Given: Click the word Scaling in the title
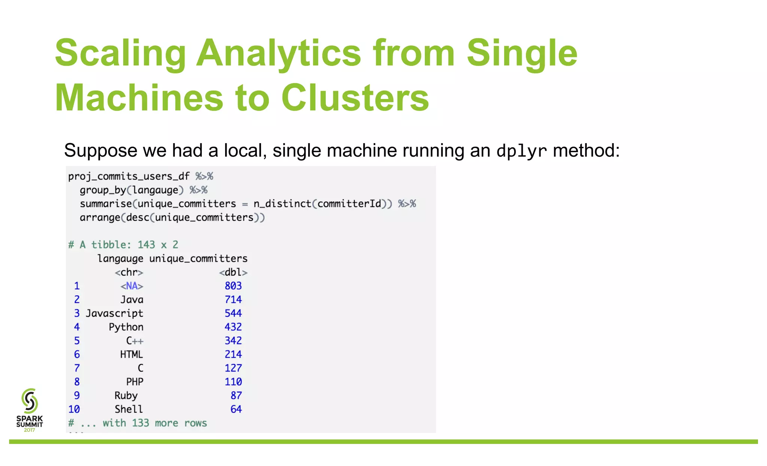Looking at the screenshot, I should click(120, 54).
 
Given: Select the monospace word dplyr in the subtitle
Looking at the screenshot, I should click(521, 151).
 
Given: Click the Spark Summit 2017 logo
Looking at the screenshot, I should click(30, 410).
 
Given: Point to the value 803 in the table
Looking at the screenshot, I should click(233, 286).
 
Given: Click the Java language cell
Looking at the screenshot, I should click(131, 300).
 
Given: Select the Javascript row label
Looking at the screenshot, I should click(114, 313).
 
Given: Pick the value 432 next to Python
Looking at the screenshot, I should click(233, 327).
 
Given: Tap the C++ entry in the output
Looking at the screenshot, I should click(134, 341).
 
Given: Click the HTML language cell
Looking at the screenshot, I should click(131, 355).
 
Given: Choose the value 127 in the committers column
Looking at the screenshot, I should click(233, 368).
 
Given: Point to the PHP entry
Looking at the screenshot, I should click(134, 382).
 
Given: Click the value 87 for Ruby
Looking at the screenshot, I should click(236, 396).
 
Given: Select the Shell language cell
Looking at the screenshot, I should click(128, 409).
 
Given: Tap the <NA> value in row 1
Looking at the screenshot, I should click(131, 286).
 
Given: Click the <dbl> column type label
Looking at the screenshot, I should click(233, 273).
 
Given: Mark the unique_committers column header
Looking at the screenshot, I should click(198, 259).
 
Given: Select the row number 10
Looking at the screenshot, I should click(74, 409).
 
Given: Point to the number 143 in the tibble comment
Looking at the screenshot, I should click(146, 245).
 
